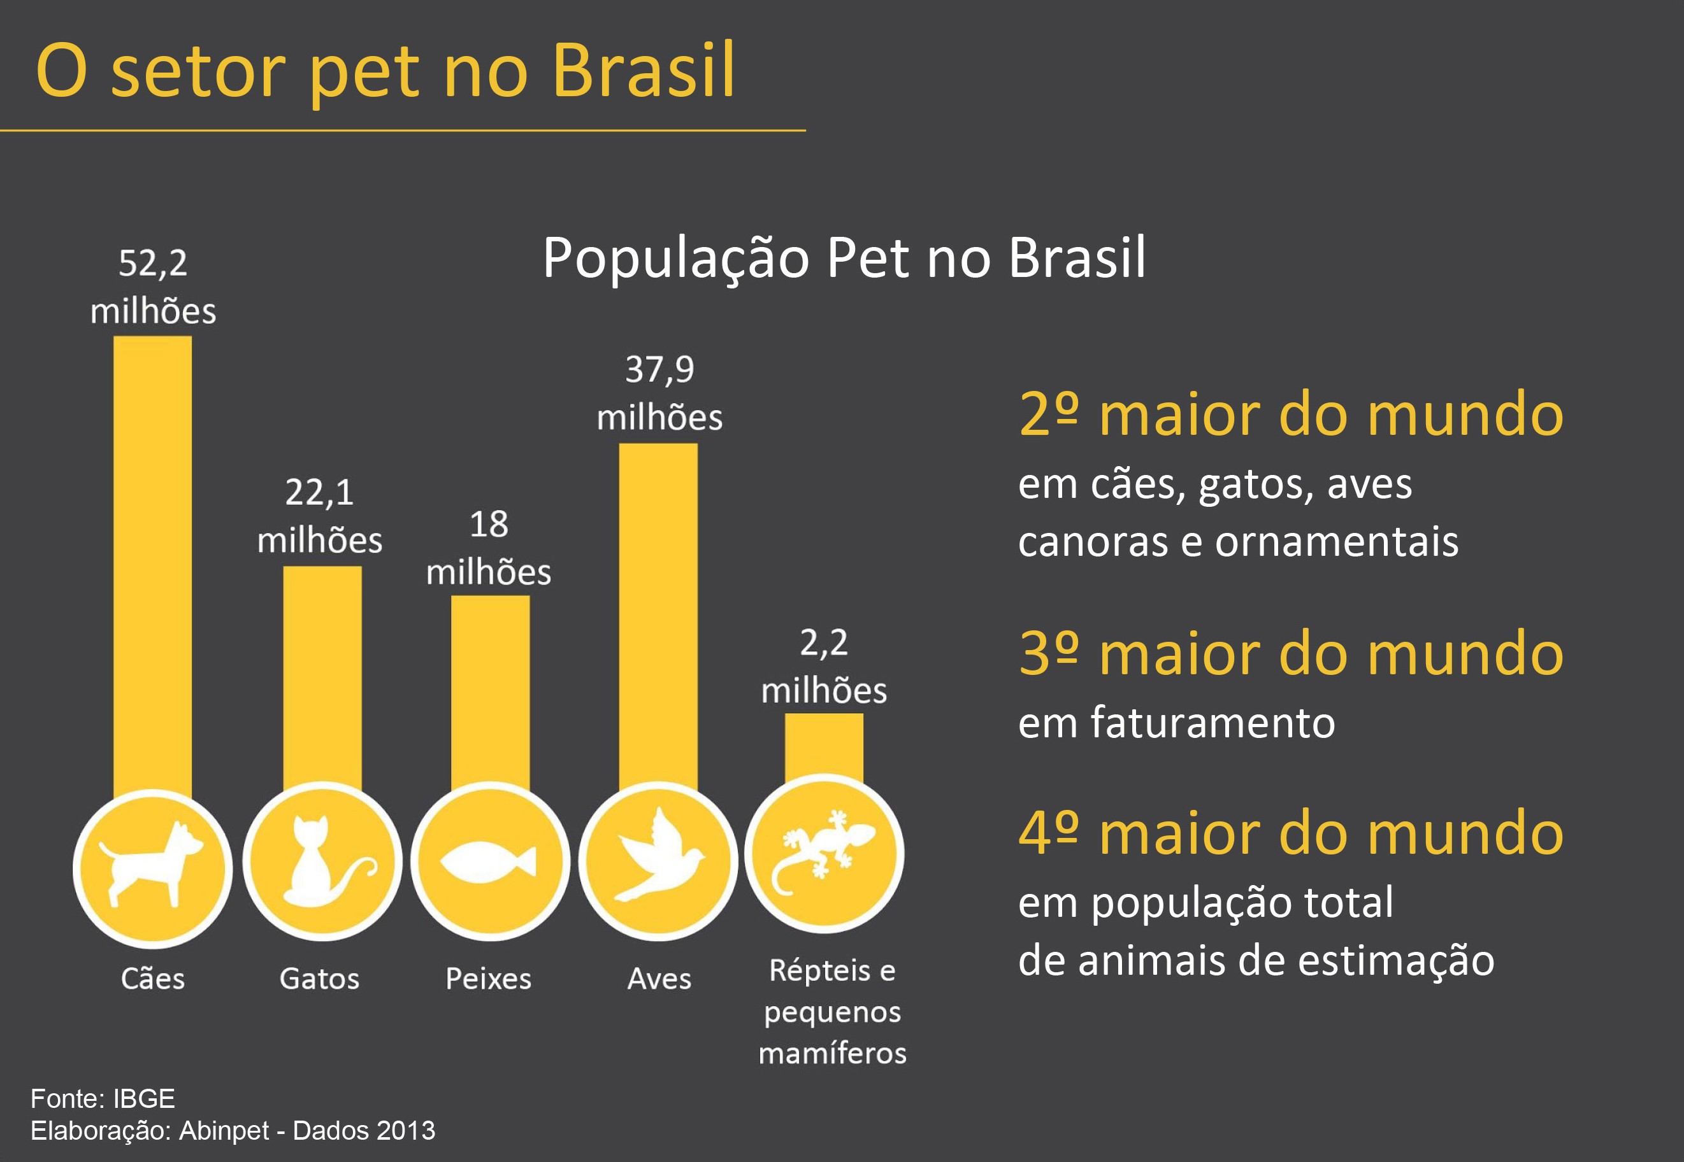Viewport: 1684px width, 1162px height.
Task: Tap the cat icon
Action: [x=322, y=863]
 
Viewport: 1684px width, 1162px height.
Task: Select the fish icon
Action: [x=489, y=862]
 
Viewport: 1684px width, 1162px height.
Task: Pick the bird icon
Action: [x=658, y=856]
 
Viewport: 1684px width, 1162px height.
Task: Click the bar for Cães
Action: [x=152, y=568]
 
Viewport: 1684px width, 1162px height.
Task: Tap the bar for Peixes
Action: [x=489, y=691]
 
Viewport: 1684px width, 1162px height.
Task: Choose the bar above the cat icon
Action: [x=322, y=677]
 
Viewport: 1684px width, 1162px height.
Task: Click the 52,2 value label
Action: [x=152, y=264]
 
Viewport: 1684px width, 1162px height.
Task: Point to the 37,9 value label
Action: [x=659, y=370]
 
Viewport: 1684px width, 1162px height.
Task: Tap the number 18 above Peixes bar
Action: [x=489, y=524]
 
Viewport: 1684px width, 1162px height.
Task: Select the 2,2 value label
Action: [x=824, y=644]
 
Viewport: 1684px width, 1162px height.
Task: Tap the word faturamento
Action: [x=1213, y=723]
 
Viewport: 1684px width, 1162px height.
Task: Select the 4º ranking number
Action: [x=1047, y=833]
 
